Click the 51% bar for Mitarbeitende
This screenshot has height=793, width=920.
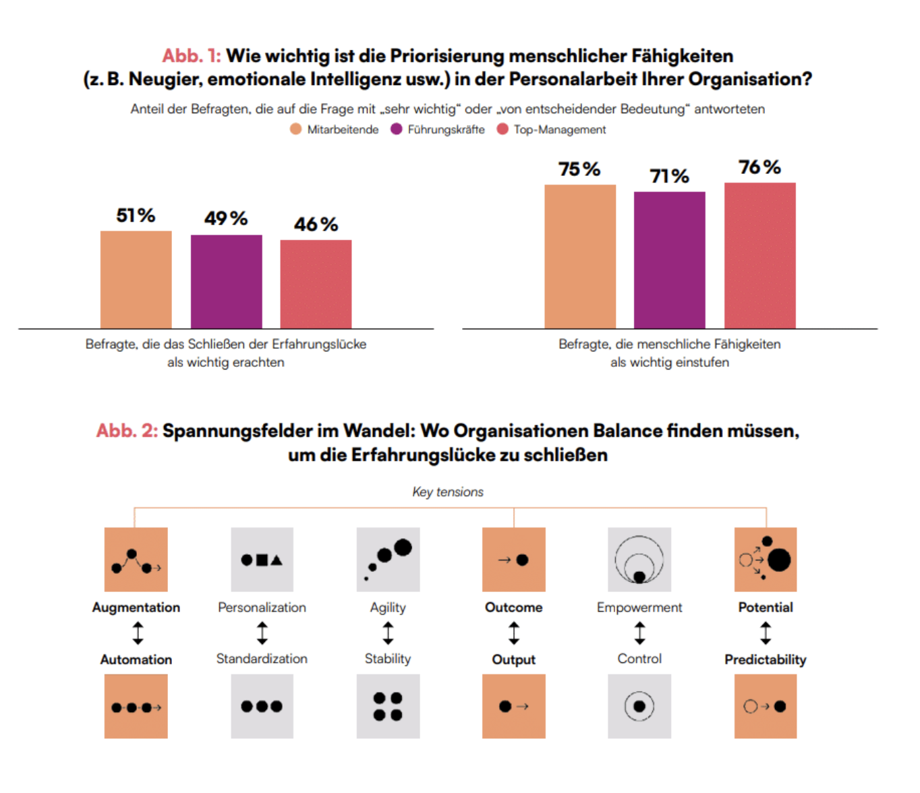pos(136,280)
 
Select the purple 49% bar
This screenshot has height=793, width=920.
pos(226,282)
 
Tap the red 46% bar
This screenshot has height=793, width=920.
pos(316,284)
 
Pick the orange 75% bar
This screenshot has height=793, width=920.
pos(580,256)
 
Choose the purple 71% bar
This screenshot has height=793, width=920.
pos(669,260)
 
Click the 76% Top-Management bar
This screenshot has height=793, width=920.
pos(759,256)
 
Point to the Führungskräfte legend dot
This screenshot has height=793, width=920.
pos(397,129)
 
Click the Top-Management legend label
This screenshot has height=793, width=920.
pos(560,129)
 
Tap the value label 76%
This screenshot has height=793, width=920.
pos(759,167)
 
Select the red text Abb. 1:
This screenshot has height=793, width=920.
pos(192,56)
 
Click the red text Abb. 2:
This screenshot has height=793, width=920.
pos(127,431)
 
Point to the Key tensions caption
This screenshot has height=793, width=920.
pos(448,492)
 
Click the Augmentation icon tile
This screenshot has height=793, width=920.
pos(136,560)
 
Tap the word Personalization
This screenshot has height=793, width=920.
pos(262,608)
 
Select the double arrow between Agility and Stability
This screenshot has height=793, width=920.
pos(388,633)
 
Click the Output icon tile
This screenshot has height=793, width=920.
pos(514,706)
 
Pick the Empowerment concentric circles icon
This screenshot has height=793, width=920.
pos(639,560)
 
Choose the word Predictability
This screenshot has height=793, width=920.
pos(766,659)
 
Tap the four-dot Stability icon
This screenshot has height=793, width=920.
pos(388,706)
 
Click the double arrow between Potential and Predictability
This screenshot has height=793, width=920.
pos(766,633)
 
